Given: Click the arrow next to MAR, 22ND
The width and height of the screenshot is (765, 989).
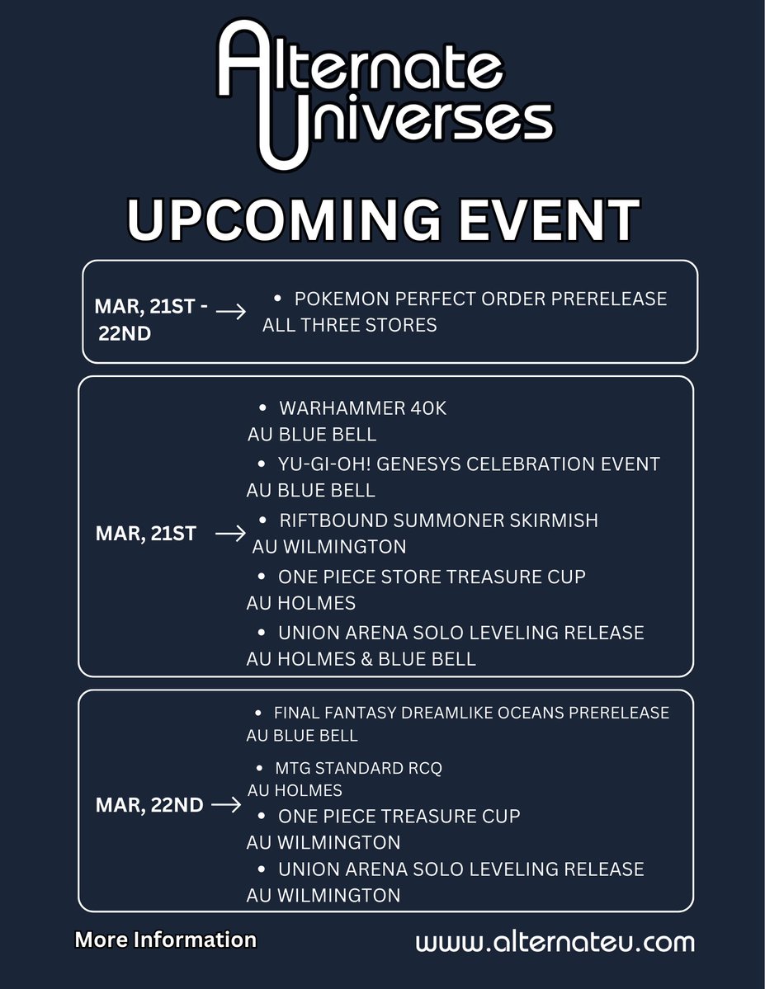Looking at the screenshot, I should point(226,805).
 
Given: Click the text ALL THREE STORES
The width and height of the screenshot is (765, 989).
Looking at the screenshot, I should point(349,325).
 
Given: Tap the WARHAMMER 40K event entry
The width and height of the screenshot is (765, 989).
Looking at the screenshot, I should point(362,408).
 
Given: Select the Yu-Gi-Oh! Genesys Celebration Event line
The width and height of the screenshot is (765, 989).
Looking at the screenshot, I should point(469,464).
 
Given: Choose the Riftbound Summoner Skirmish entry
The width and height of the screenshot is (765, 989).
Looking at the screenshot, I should point(438,520).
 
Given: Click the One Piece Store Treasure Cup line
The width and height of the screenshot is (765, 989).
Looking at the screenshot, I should point(432,577).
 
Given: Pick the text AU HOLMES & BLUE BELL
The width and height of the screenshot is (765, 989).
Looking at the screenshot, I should point(361,659).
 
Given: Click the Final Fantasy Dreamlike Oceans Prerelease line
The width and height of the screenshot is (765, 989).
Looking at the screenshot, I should point(471,713).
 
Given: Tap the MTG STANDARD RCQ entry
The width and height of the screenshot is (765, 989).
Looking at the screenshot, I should point(360,768).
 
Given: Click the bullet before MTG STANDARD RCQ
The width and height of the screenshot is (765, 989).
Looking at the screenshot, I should point(259,768).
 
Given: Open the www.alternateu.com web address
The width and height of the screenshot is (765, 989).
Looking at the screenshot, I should point(555,942).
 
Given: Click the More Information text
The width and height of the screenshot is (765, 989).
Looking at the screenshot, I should point(165,940).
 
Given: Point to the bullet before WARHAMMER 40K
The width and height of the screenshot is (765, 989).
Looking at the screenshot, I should point(262,408).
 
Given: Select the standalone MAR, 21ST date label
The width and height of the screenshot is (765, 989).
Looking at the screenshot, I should point(146,534).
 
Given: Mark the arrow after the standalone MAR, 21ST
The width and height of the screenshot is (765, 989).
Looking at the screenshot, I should point(230,535).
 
